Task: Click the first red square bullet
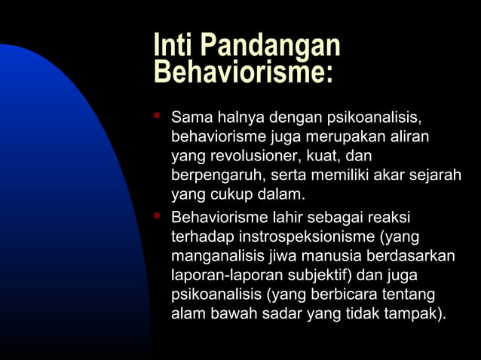pos(157,117)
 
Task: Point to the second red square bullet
pos(157,217)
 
